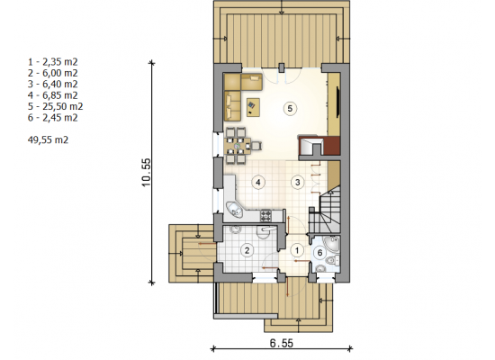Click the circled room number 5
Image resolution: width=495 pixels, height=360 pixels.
(x=290, y=109)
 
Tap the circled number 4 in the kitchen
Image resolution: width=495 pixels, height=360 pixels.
(x=258, y=182)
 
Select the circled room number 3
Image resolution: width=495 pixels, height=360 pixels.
(x=297, y=182)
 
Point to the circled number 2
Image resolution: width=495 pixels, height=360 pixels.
(x=247, y=251)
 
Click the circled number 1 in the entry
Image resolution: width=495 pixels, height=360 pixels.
(x=297, y=251)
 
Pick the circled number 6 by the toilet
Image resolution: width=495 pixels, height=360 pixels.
(x=320, y=253)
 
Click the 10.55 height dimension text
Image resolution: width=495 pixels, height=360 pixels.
(x=147, y=173)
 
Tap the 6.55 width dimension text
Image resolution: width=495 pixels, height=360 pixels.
(x=282, y=343)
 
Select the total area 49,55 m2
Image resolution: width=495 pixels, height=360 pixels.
(x=48, y=139)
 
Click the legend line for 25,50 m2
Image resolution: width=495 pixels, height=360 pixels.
(x=56, y=106)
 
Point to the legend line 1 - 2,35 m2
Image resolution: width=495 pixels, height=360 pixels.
(x=53, y=62)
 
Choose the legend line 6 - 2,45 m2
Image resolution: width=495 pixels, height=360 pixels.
(x=53, y=118)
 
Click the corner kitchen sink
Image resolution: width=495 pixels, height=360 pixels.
(x=234, y=210)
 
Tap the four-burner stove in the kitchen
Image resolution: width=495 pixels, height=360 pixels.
(x=265, y=215)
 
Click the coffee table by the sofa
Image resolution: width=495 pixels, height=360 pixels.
(x=253, y=107)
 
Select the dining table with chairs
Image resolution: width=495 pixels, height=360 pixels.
(x=239, y=146)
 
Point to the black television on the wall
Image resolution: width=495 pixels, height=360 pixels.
(x=338, y=102)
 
